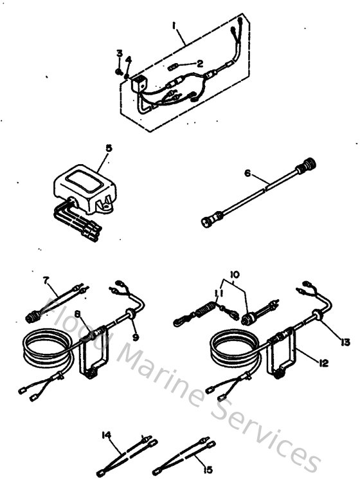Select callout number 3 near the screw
(119, 53)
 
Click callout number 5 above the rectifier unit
(108, 148)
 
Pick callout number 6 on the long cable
(247, 174)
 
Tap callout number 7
(46, 281)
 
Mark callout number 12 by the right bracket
(323, 363)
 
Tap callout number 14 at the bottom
(105, 434)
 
